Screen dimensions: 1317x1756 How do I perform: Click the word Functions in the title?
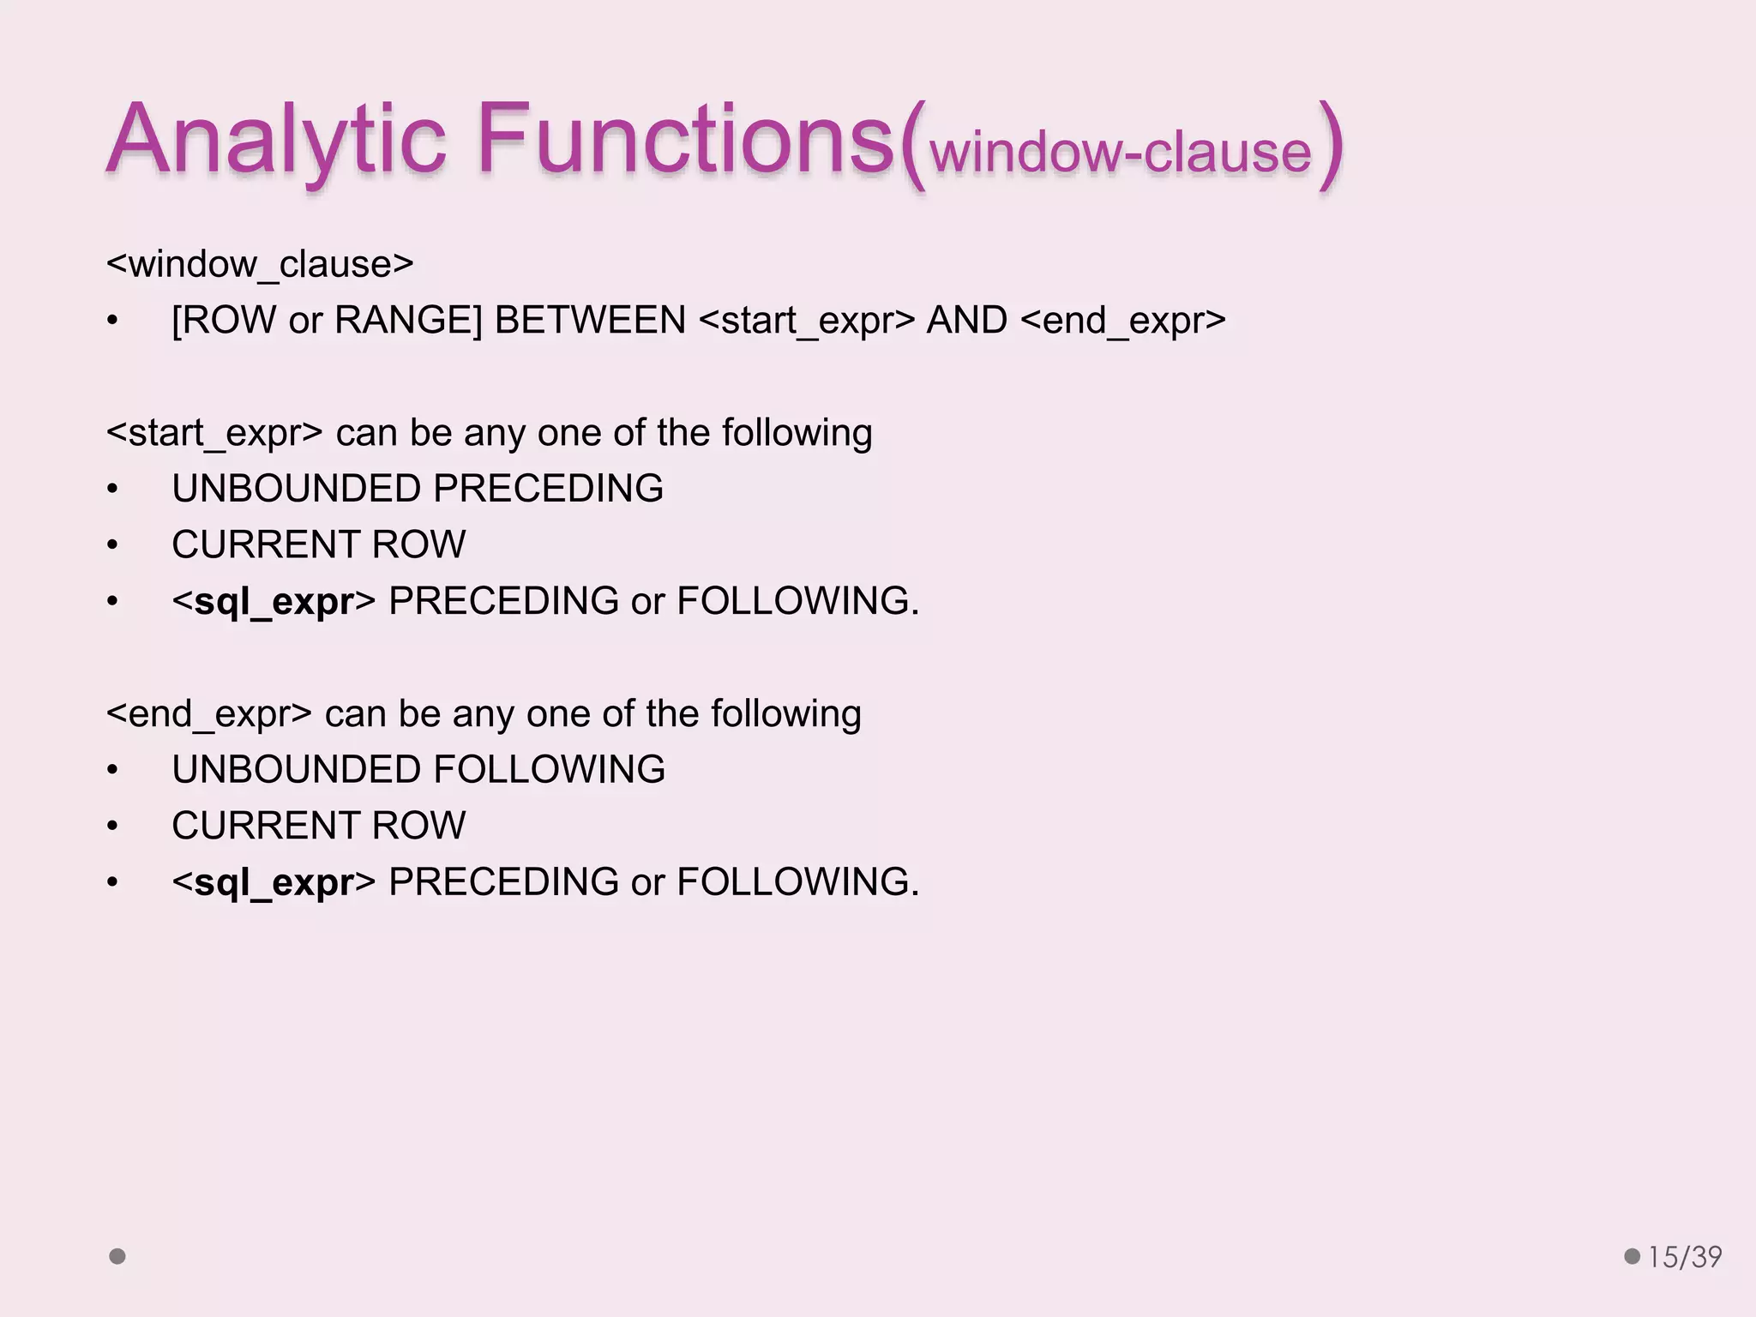[686, 139]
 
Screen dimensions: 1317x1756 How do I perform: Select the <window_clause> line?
[260, 264]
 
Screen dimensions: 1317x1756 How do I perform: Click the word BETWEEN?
[590, 321]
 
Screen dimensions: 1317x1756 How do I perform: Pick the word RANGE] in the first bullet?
[408, 321]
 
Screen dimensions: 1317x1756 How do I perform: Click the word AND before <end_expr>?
[966, 321]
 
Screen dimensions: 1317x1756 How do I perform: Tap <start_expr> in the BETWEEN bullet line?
[807, 321]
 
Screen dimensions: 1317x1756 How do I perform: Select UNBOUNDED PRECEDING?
[418, 489]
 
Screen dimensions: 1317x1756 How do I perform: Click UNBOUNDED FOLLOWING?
[418, 769]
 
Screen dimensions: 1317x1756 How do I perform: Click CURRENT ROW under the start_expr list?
[318, 544]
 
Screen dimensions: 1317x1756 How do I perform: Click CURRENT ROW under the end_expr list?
[318, 826]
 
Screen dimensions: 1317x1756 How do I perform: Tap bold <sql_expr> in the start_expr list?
[274, 601]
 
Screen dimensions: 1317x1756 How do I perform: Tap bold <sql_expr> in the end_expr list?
[274, 882]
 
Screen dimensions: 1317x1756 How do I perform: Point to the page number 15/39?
[1684, 1257]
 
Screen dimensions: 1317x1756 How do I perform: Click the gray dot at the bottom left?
[117, 1256]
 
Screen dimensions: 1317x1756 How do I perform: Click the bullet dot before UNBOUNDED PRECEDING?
[112, 490]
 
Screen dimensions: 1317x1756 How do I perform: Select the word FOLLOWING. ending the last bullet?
[797, 882]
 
